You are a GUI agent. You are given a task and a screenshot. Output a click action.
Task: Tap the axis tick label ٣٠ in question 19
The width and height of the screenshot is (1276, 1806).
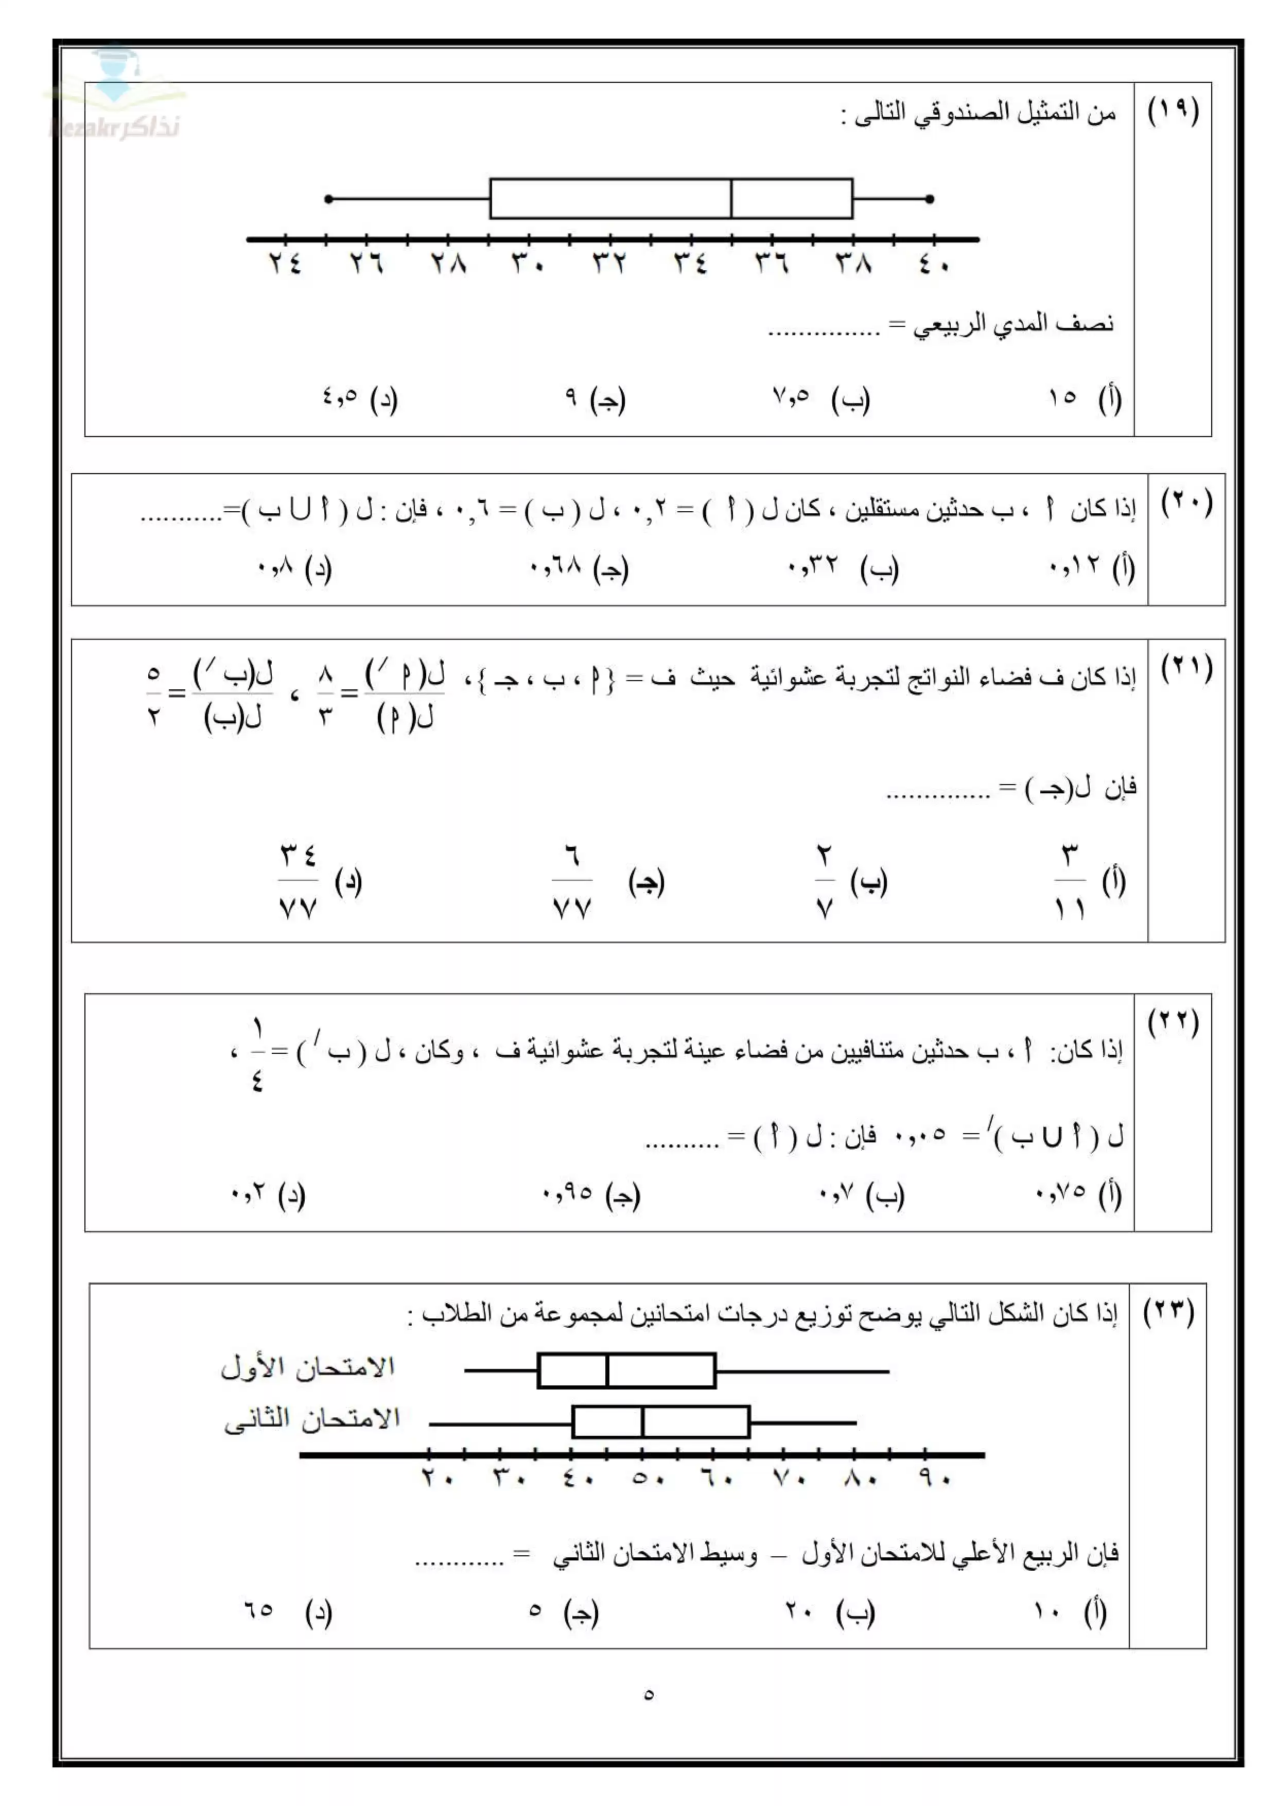tap(528, 263)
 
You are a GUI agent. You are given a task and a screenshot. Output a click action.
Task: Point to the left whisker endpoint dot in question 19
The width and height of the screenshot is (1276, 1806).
tap(328, 199)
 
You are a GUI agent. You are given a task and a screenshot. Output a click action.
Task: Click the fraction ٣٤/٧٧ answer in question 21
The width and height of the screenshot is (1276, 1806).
tap(298, 881)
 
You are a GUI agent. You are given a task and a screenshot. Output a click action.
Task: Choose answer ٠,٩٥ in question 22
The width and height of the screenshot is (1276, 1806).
tap(567, 1193)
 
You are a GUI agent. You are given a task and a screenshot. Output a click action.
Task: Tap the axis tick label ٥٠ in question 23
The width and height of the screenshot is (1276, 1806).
tap(649, 1479)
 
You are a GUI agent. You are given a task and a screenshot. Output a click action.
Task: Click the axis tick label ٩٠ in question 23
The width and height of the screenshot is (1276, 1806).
tap(934, 1479)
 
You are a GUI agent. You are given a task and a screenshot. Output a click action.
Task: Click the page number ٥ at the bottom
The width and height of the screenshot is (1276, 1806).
tap(649, 1694)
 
